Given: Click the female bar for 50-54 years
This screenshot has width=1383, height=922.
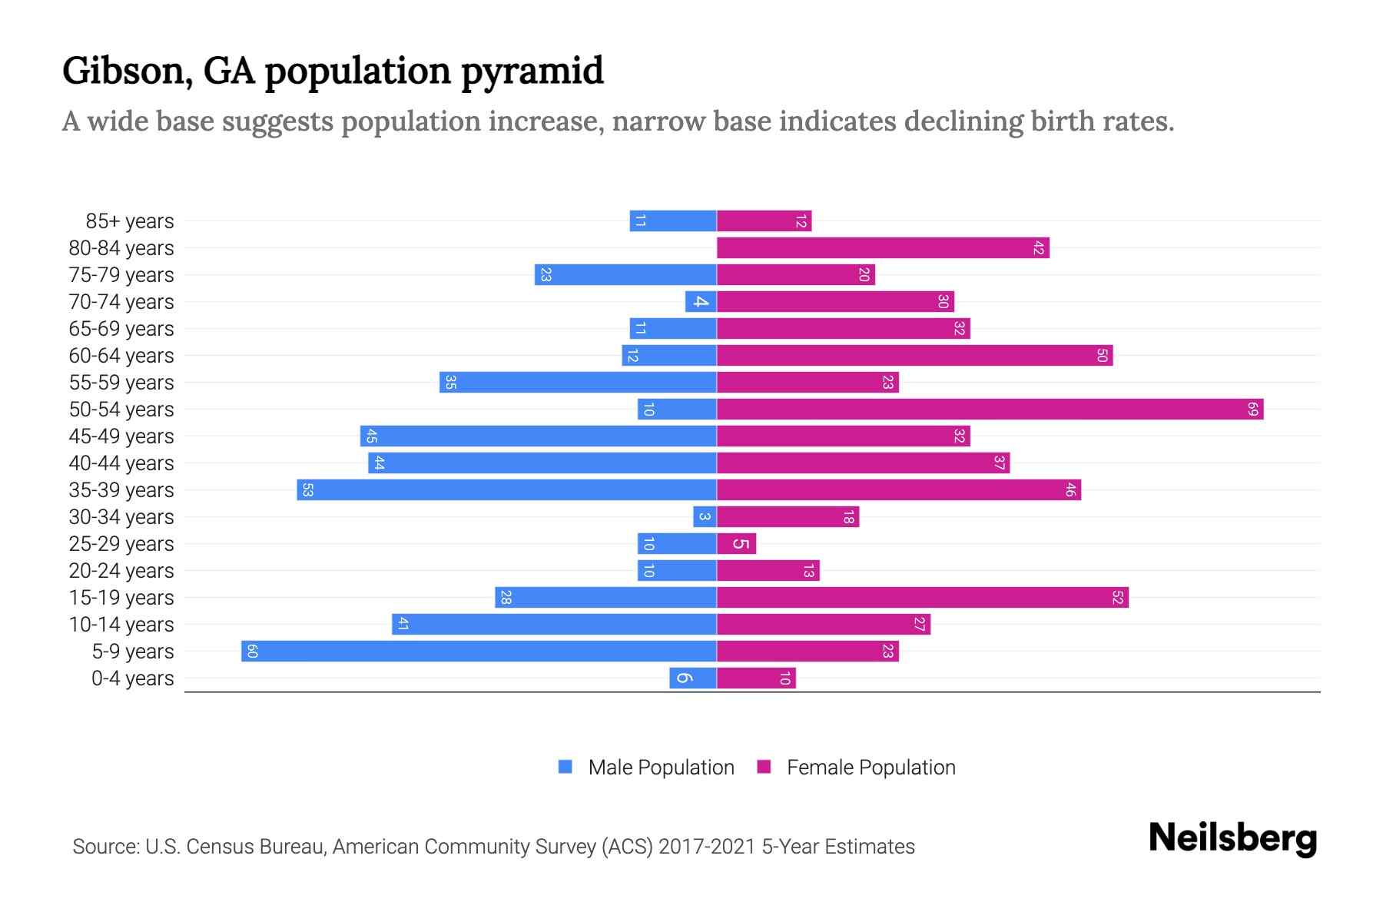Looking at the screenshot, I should click(x=990, y=410).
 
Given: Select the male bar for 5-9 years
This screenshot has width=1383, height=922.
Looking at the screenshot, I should click(x=479, y=652).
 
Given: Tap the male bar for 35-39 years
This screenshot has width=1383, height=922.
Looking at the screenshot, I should click(x=506, y=490).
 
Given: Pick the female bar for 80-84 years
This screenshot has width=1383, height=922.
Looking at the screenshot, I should click(x=883, y=248).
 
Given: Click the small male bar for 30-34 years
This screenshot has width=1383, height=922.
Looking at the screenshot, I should click(x=705, y=517).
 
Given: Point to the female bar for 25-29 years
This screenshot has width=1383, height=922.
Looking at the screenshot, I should click(x=736, y=544).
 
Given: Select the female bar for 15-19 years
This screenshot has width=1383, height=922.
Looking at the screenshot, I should click(x=922, y=598).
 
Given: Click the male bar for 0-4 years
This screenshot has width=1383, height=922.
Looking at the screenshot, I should click(x=692, y=678).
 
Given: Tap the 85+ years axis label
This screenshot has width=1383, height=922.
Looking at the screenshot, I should click(x=130, y=221).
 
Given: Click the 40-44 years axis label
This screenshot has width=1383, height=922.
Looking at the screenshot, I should click(x=121, y=463).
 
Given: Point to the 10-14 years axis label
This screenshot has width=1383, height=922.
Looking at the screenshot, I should click(x=121, y=625).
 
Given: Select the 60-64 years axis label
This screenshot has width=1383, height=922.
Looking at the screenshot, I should click(x=121, y=356).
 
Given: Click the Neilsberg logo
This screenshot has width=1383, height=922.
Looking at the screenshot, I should click(x=1232, y=838).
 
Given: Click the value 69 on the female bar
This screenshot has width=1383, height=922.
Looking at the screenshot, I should click(x=1252, y=410).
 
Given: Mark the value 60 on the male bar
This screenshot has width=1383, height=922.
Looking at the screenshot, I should click(x=252, y=652).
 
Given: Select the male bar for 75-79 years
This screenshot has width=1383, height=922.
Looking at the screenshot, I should click(x=625, y=275).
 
